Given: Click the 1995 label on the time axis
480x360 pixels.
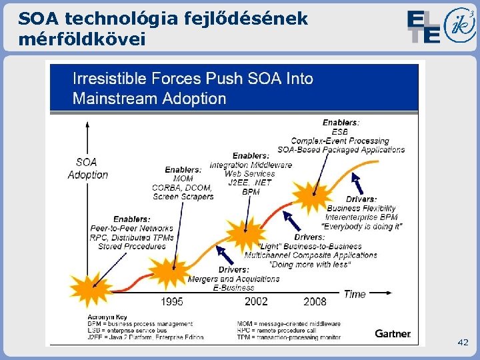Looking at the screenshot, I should click(171, 301).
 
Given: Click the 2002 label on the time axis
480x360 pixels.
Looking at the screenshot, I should click(256, 301).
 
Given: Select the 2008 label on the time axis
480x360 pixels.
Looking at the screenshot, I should click(315, 301).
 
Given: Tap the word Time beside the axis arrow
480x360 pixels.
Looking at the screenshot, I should click(355, 294).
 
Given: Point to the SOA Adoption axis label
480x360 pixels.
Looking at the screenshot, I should click(87, 168).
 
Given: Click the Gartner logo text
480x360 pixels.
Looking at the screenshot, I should click(393, 333).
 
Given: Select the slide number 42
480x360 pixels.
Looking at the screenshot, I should click(463, 342).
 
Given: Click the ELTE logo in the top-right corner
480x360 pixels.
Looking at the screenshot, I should click(423, 27).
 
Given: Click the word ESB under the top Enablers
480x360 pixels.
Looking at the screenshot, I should click(340, 132).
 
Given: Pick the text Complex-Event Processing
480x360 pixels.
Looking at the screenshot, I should click(340, 141).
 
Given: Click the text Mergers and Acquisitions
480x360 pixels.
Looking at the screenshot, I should click(233, 279).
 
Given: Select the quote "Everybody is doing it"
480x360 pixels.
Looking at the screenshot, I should click(362, 226).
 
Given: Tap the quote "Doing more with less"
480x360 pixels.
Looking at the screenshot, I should click(310, 264).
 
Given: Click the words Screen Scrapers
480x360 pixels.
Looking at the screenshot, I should click(183, 197).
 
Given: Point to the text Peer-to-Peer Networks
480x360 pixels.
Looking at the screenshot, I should click(132, 229).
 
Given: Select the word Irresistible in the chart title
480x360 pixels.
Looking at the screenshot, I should click(110, 79).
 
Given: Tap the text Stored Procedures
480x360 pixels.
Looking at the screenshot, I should click(132, 246).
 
